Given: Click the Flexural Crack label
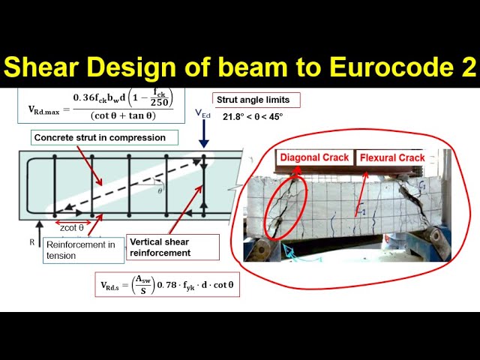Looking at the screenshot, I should click(392, 157).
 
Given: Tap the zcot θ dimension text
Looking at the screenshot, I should click(72, 227).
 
